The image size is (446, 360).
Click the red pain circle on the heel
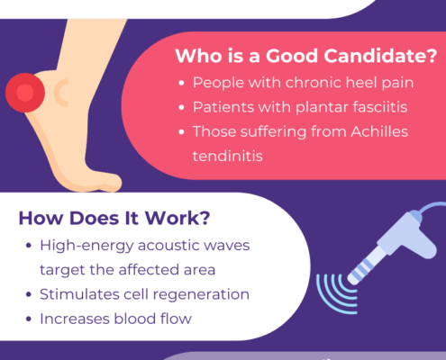tap(25, 93)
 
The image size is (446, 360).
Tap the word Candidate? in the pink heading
tap(380, 56)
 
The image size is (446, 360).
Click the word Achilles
tap(379, 131)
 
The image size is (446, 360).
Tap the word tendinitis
tap(228, 157)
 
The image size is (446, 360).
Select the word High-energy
tap(86, 247)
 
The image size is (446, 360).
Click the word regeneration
tap(201, 295)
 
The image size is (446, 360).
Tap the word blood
tap(135, 319)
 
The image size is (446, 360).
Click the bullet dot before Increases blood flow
tap(29, 319)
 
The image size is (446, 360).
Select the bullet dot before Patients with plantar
tap(181, 107)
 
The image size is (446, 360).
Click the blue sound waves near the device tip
tap(336, 294)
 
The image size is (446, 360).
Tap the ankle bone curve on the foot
tap(60, 93)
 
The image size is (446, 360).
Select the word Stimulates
tap(79, 294)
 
